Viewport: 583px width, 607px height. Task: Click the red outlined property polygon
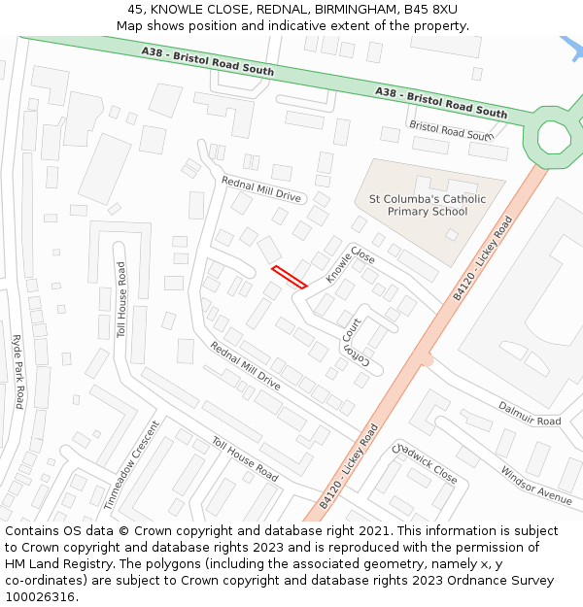[x=290, y=277]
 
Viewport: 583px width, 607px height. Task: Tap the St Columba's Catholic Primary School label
[x=427, y=205]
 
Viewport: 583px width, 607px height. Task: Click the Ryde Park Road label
[x=17, y=371]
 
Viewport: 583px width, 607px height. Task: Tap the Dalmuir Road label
[x=530, y=414]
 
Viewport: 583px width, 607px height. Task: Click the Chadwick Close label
[x=425, y=464]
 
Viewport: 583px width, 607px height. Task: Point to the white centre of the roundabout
[x=555, y=136]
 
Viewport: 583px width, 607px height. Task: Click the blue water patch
[x=570, y=47]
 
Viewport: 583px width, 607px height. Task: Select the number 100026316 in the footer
[x=42, y=596]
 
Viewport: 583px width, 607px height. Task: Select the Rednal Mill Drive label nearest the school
[x=261, y=188]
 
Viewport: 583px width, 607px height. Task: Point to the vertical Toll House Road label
[x=122, y=300]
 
